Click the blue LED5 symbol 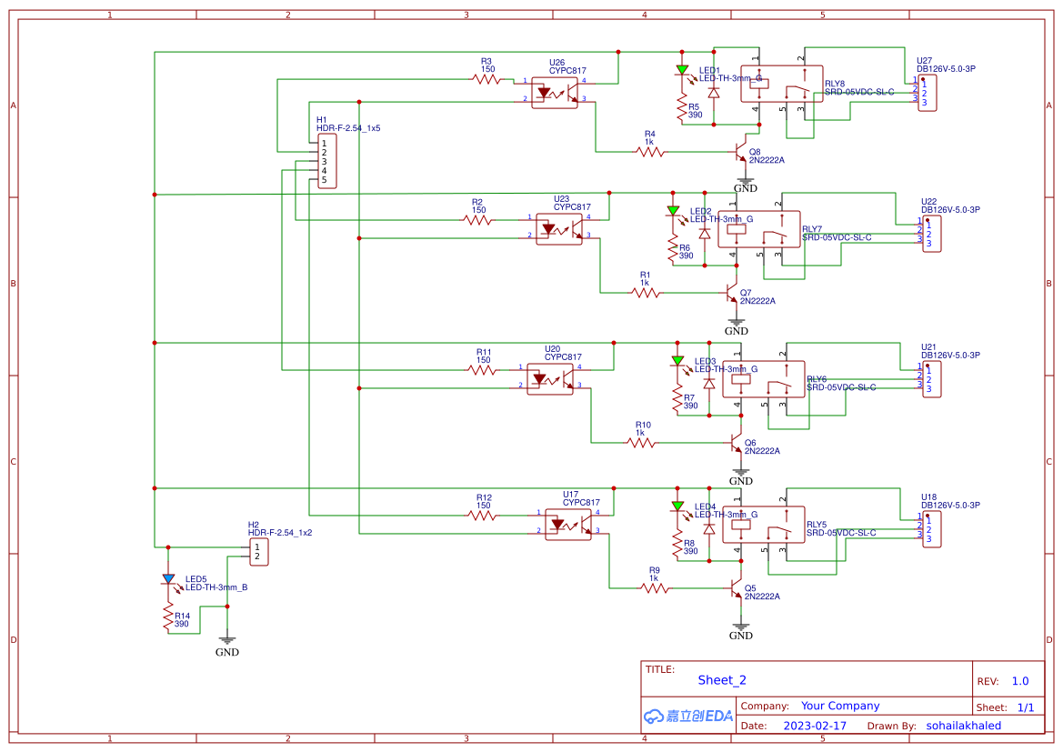point(168,579)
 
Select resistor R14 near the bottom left point(168,617)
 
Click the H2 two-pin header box point(260,551)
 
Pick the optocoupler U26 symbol point(555,92)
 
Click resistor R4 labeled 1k point(650,152)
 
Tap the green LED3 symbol point(677,361)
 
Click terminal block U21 point(930,377)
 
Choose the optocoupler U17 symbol point(568,524)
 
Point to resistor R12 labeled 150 point(483,516)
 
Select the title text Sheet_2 point(722,680)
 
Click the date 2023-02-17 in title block point(814,726)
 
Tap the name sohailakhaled point(963,726)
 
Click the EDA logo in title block point(688,716)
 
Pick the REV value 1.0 point(1019,681)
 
